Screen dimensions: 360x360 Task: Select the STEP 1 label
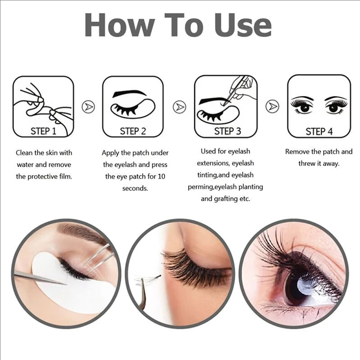(43, 131)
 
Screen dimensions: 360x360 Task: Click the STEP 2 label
(133, 131)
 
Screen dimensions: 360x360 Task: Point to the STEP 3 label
(228, 131)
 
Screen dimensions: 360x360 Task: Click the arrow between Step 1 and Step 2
(88, 107)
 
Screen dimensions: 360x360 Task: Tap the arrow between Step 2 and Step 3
(179, 107)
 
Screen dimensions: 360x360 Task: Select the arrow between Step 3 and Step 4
(272, 107)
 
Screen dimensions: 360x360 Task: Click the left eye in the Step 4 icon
(302, 107)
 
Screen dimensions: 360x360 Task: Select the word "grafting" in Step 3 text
(227, 198)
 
